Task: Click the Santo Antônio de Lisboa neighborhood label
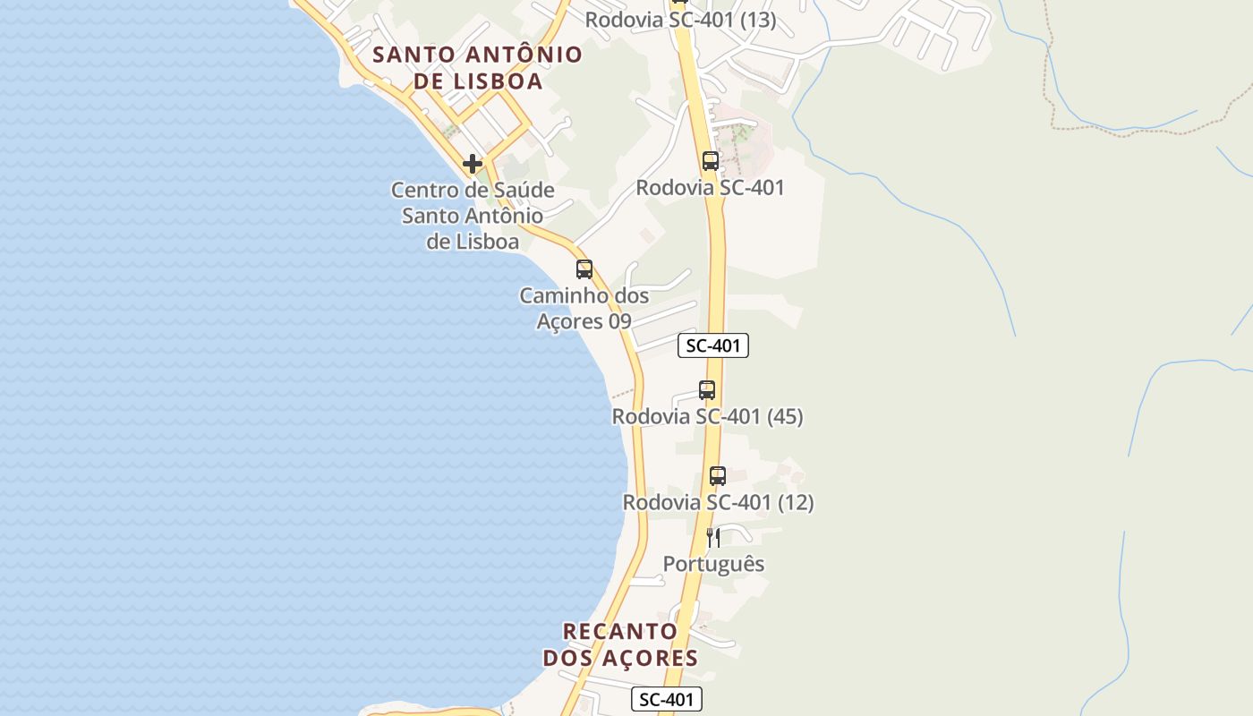tap(477, 67)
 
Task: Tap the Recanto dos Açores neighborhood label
tap(620, 644)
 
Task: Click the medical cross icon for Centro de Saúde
tap(472, 164)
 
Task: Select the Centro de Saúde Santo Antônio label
tap(473, 216)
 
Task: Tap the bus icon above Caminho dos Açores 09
tap(584, 268)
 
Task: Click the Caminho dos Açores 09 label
tap(584, 308)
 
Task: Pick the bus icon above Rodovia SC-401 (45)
tap(707, 390)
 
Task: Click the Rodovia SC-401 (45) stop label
tap(707, 416)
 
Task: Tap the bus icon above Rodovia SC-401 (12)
tap(718, 476)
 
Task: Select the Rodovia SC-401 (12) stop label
tap(718, 502)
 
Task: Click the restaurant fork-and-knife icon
tap(713, 537)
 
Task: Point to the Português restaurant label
tap(713, 564)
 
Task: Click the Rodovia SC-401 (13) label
tap(680, 20)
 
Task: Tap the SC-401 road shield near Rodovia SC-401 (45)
tap(713, 345)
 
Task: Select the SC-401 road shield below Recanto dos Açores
tap(667, 699)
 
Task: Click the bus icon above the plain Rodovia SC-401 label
tap(711, 161)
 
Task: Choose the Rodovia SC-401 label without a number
tap(711, 187)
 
